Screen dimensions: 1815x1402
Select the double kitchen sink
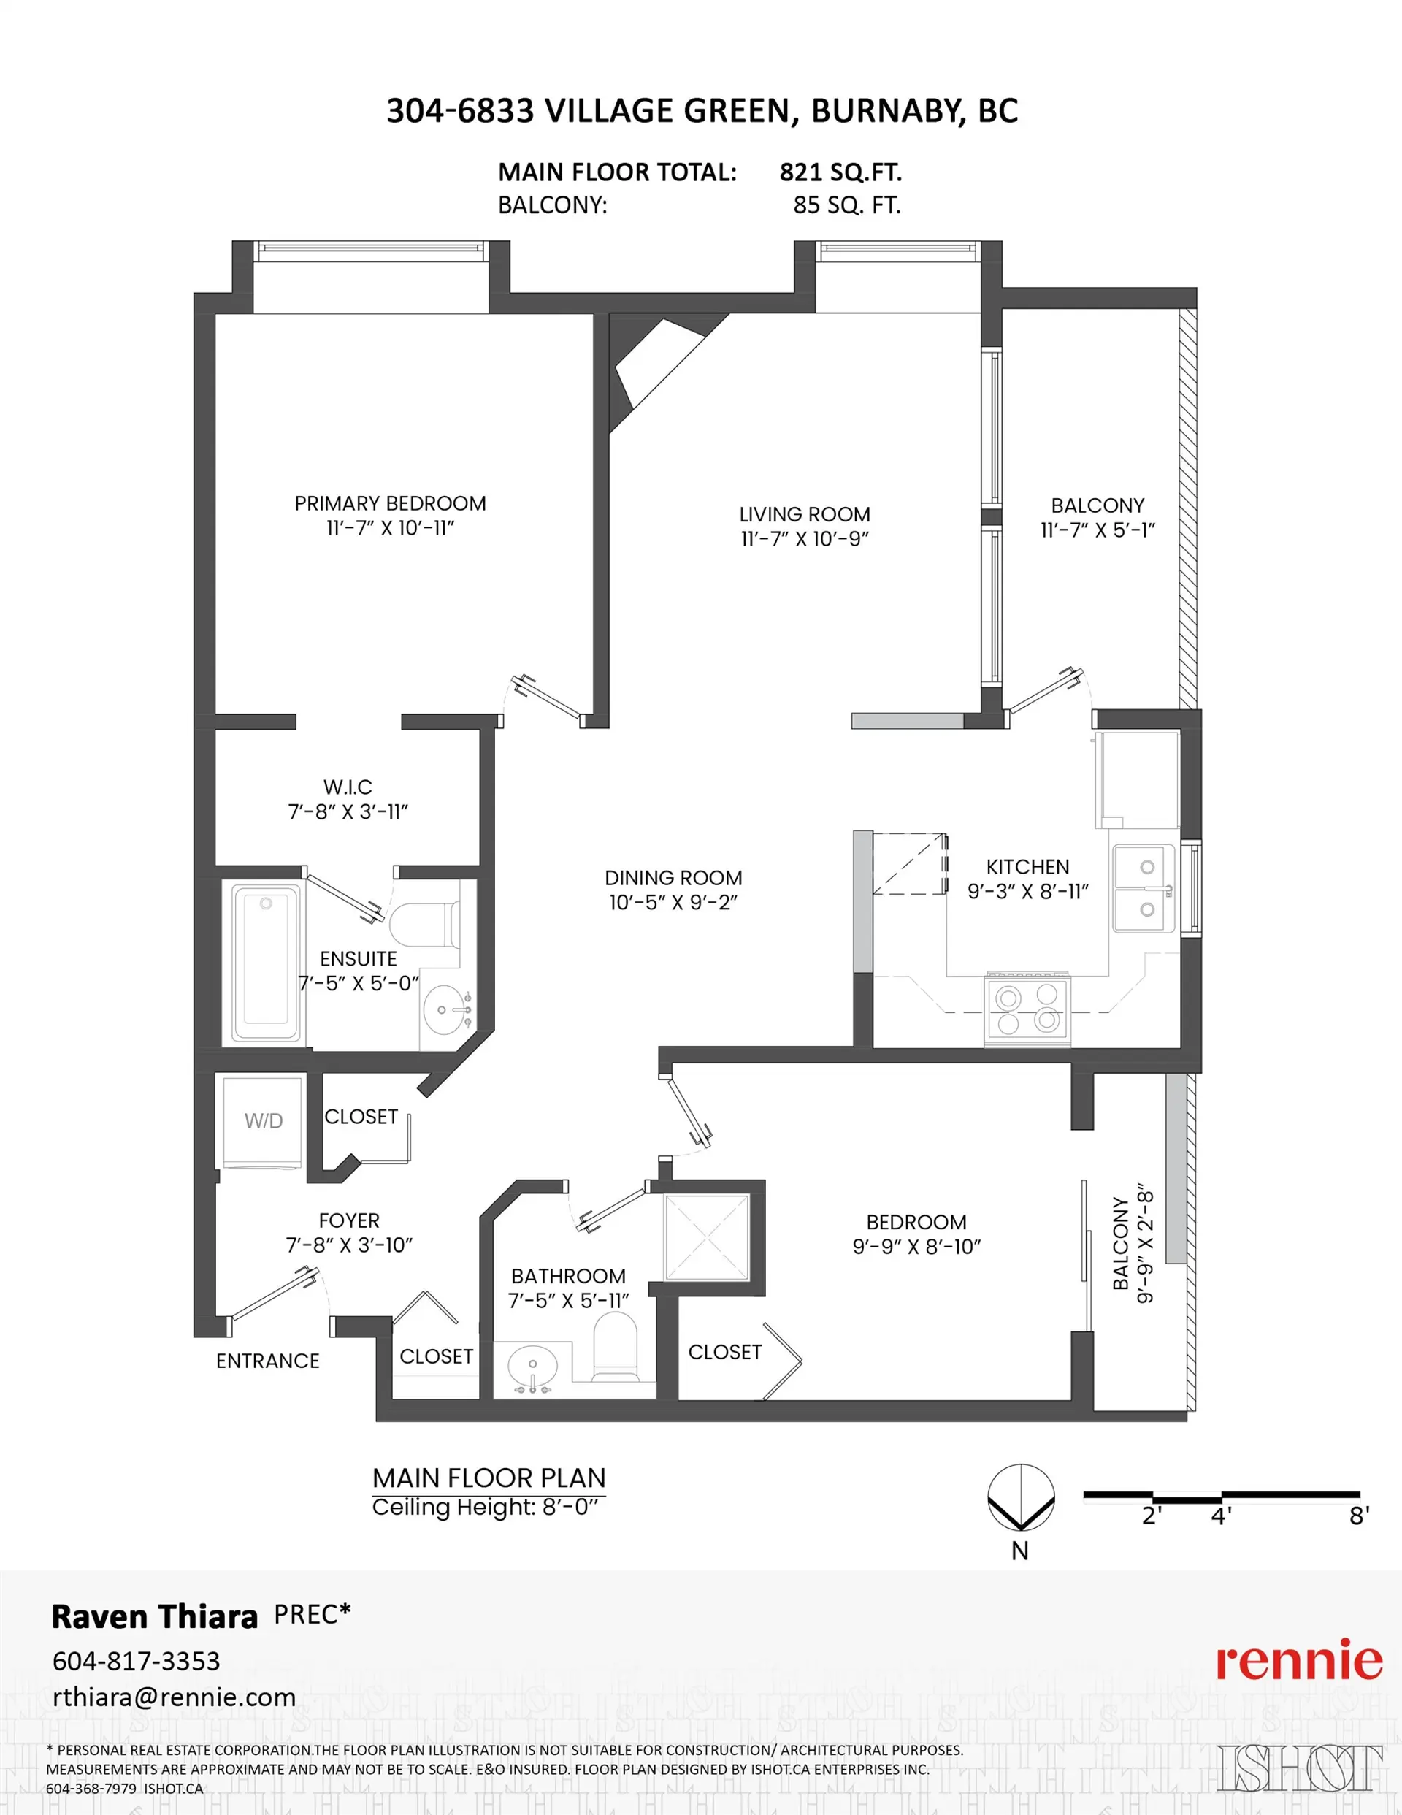[x=1144, y=888]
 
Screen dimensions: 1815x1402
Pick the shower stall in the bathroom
[x=705, y=1237]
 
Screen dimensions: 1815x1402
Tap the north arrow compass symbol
[x=1021, y=1497]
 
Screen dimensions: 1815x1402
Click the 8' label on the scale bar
[x=1358, y=1516]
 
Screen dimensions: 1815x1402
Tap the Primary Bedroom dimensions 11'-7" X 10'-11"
[x=390, y=528]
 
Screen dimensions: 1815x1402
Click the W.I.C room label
[x=348, y=786]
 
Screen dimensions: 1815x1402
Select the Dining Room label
[x=673, y=878]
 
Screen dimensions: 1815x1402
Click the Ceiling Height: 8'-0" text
[x=485, y=1508]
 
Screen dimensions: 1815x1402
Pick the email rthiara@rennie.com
[x=175, y=1697]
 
